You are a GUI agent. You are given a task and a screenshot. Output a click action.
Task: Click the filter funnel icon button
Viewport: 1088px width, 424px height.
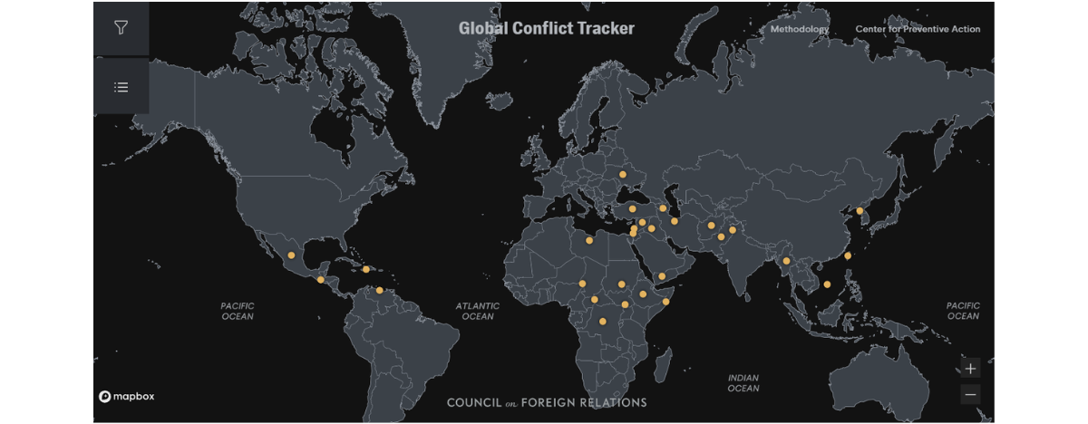(121, 27)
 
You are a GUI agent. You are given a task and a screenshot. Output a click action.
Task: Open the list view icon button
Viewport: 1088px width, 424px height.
(121, 87)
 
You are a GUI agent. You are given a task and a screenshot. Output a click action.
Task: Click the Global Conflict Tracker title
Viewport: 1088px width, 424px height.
(546, 28)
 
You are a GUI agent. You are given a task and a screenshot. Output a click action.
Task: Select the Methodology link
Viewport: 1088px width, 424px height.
(799, 29)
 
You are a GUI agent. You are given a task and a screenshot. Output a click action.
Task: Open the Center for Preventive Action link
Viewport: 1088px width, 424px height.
(918, 29)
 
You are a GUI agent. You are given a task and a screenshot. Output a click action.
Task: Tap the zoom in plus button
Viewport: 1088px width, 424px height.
(971, 369)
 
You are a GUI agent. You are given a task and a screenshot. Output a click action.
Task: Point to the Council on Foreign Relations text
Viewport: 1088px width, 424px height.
(547, 402)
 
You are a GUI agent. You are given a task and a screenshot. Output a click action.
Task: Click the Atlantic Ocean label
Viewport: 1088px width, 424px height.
(478, 311)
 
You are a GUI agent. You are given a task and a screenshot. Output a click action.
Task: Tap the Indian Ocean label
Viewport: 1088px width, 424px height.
(743, 382)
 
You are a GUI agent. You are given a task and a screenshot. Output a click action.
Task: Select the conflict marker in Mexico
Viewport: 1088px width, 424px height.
(291, 255)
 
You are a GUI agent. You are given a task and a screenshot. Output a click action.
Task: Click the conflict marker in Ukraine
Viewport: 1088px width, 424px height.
(623, 174)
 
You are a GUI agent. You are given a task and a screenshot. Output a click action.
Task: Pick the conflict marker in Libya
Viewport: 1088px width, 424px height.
(590, 241)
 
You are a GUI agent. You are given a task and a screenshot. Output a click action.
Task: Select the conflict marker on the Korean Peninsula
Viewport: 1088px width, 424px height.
(860, 211)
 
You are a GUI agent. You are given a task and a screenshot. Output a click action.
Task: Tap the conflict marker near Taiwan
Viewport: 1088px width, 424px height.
(848, 255)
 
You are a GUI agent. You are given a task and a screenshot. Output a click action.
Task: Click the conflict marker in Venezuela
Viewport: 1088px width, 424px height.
(379, 290)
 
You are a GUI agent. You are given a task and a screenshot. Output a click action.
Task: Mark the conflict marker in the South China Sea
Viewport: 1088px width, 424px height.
(827, 284)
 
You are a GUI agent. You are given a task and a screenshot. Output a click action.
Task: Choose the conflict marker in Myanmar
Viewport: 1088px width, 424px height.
(787, 261)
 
